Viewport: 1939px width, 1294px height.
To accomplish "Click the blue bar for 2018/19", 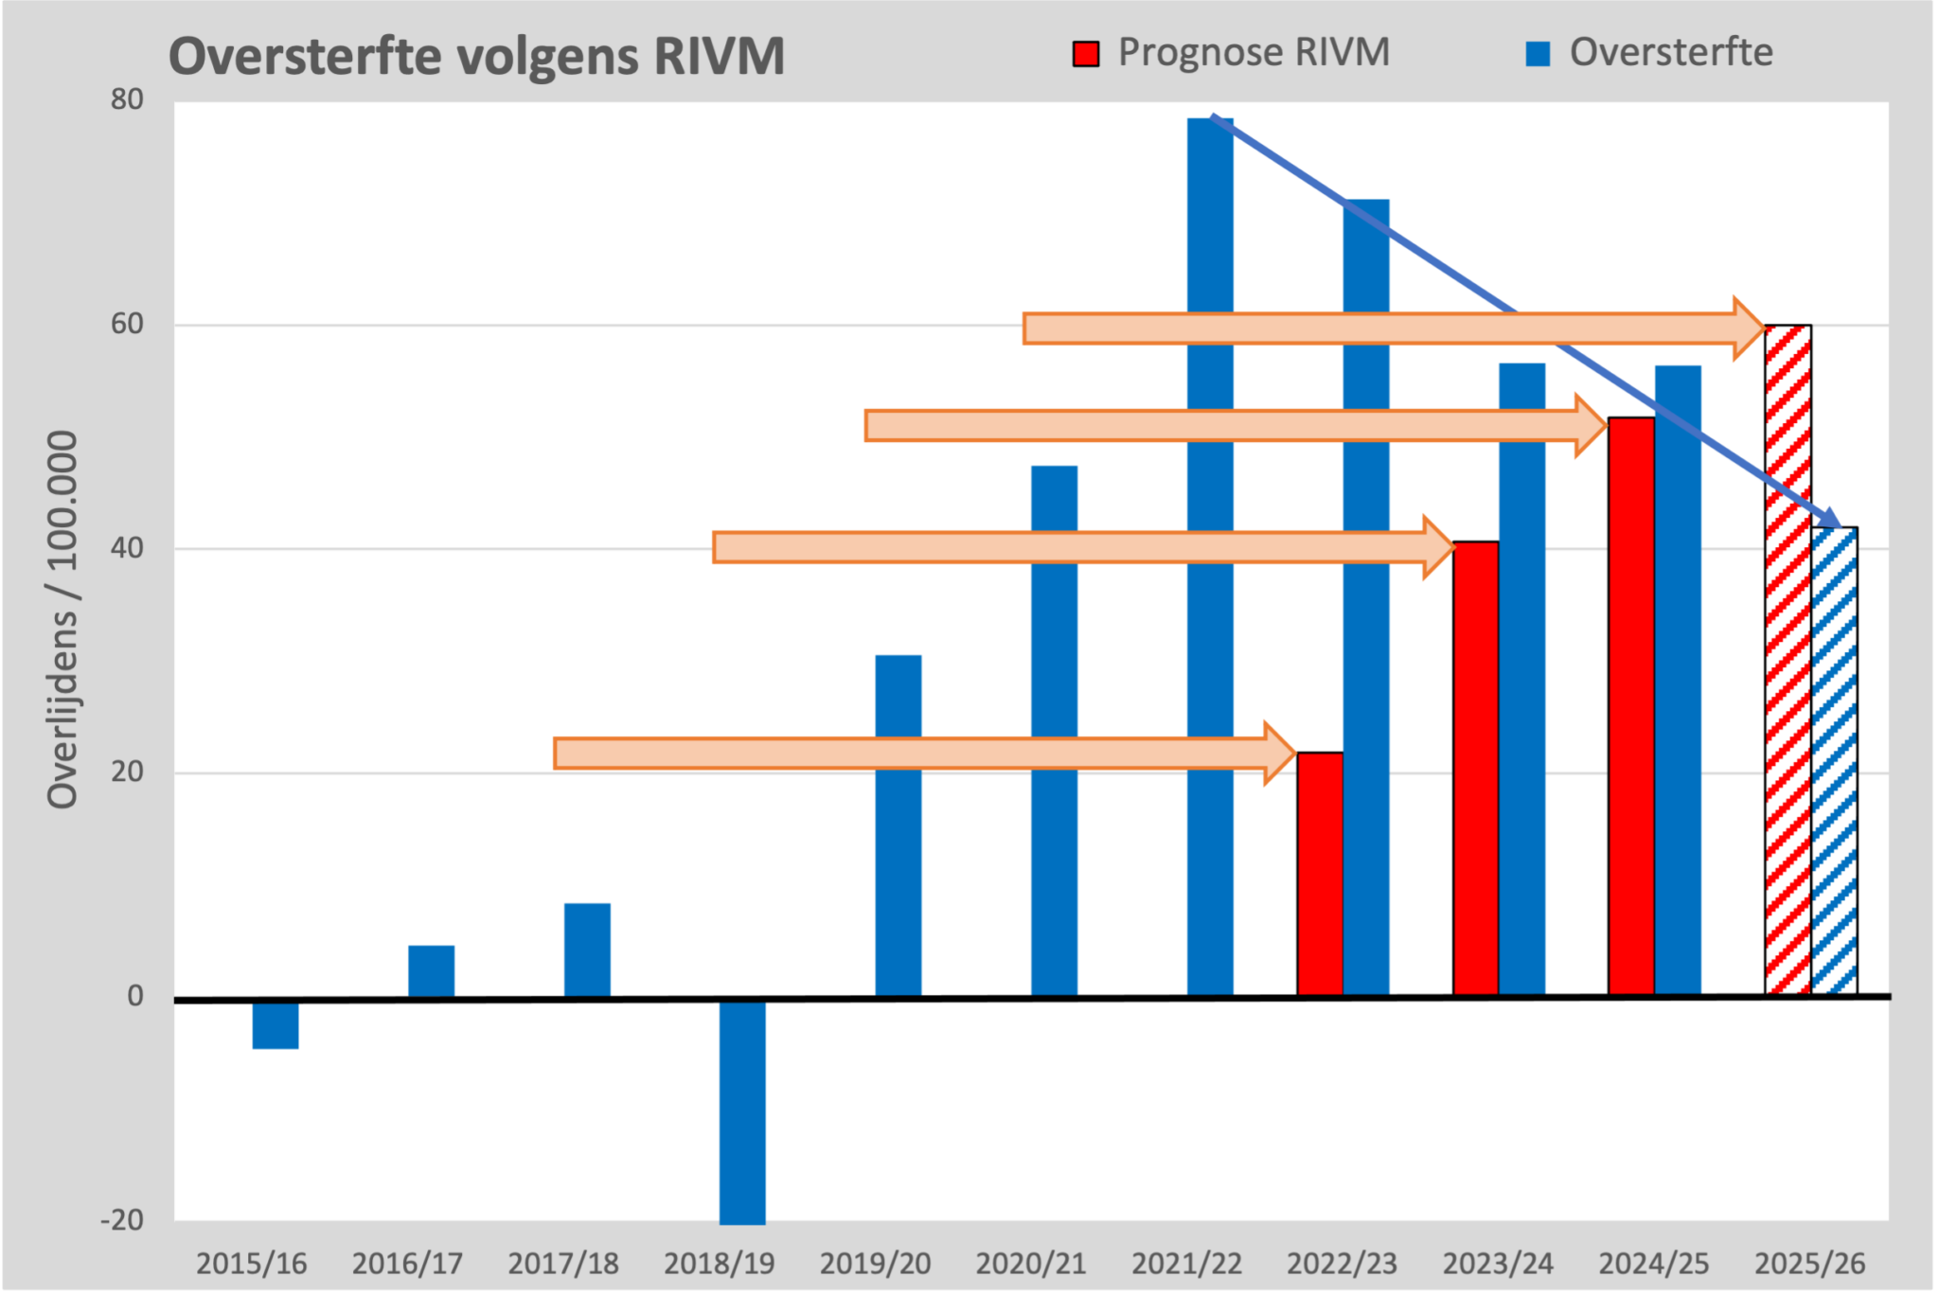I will click(x=742, y=1112).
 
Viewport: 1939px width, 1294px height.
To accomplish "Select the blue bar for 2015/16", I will click(x=276, y=1024).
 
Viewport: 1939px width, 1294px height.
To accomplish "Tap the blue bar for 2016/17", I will click(x=431, y=971).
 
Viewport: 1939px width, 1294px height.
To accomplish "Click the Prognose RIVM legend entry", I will click(x=1232, y=53).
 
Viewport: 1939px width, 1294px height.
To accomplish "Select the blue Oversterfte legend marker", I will click(x=1538, y=54).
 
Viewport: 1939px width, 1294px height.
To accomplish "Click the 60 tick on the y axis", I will click(x=127, y=324).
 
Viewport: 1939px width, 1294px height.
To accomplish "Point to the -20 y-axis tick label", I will click(x=123, y=1220).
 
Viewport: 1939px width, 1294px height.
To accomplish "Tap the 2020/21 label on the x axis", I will click(x=1030, y=1263).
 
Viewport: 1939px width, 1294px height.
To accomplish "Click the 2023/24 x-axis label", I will click(x=1498, y=1263).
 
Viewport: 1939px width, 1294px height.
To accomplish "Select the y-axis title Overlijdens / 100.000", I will click(x=63, y=620).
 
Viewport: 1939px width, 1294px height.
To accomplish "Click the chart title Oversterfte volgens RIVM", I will click(x=476, y=56).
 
